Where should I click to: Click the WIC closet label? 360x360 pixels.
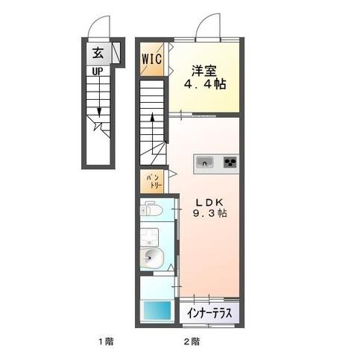pos(152,57)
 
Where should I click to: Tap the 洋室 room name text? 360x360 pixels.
pos(203,71)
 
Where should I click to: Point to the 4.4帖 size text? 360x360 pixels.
pos(203,85)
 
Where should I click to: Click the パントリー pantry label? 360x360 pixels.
pos(151,180)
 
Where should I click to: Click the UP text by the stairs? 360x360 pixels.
pos(98,72)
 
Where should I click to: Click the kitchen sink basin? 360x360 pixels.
pos(205,161)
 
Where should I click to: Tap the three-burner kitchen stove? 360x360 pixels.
pos(230,161)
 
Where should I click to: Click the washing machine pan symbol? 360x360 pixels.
pos(151,237)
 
